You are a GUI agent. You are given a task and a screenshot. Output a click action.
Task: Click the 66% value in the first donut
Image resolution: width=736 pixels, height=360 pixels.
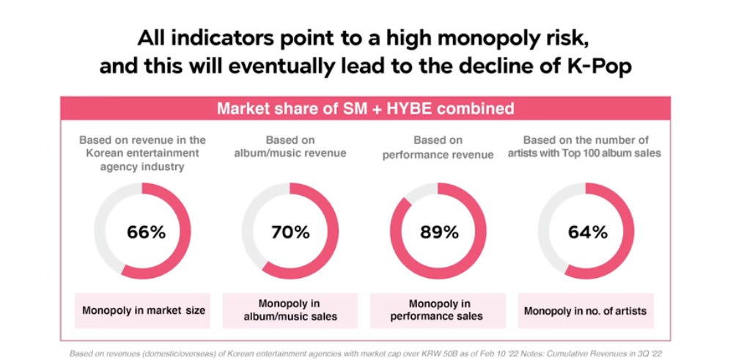146,232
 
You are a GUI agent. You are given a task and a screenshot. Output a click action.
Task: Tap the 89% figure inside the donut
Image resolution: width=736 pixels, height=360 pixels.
438,232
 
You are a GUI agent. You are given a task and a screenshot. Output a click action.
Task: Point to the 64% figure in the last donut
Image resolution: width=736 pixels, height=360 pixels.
586,232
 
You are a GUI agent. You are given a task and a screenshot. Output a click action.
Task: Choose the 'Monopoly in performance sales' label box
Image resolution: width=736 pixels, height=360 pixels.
438,310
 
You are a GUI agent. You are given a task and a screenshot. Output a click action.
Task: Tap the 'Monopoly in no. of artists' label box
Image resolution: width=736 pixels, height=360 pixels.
585,311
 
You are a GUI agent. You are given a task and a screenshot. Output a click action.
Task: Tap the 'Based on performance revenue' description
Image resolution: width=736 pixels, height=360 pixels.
438,146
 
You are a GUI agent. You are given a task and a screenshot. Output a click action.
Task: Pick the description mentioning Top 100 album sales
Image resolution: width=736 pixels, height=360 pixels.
586,146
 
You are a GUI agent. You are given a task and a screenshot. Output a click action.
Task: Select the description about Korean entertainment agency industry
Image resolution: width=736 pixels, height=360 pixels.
142,153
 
